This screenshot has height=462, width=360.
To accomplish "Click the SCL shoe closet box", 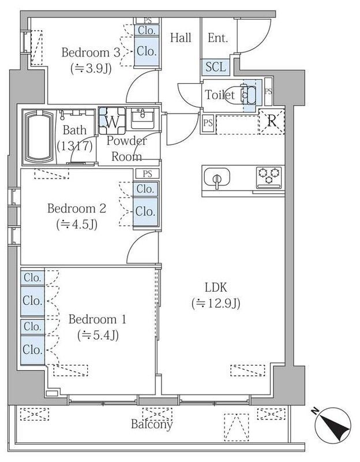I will point(215,66).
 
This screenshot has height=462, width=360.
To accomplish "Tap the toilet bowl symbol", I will point(246,94).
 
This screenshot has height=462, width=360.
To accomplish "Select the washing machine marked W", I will point(111,121).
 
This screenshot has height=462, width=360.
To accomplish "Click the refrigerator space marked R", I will point(271,121).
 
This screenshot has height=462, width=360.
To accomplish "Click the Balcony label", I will point(152,425).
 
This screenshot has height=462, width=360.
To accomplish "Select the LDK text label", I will point(216,287).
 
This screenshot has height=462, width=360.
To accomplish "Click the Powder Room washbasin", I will point(141,119).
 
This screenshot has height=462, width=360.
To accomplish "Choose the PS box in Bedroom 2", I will point(147,173).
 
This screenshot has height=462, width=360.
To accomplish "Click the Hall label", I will point(181,38).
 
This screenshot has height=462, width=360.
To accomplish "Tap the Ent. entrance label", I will point(217,38).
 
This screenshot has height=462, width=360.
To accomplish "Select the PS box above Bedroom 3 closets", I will point(147,20).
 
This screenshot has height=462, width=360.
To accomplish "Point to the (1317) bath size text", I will point(75,146).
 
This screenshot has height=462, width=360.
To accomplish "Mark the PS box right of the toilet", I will point(268,91).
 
